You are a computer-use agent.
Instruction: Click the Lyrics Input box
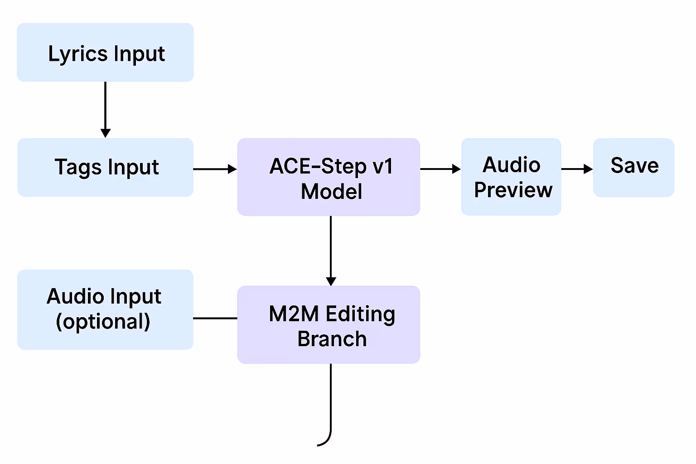[105, 53]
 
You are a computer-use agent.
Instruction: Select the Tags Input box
[105, 167]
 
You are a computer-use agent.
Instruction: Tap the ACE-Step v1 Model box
[329, 177]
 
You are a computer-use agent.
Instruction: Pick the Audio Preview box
[511, 177]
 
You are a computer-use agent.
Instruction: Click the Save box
[633, 167]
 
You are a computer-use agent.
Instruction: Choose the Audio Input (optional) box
[105, 309]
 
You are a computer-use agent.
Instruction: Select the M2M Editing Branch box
[329, 324]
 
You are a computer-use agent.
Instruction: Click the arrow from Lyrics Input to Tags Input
[105, 109]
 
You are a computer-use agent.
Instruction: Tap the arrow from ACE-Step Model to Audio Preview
[440, 169]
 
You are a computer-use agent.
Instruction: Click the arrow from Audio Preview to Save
[577, 169]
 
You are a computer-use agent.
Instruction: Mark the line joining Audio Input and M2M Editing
[215, 318]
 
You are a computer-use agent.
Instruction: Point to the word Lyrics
[77, 54]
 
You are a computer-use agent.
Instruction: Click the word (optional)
[103, 322]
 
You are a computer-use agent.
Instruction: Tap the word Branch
[332, 339]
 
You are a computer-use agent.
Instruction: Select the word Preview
[513, 190]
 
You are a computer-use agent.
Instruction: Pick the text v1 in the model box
[382, 166]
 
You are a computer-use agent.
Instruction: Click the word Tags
[78, 167]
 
